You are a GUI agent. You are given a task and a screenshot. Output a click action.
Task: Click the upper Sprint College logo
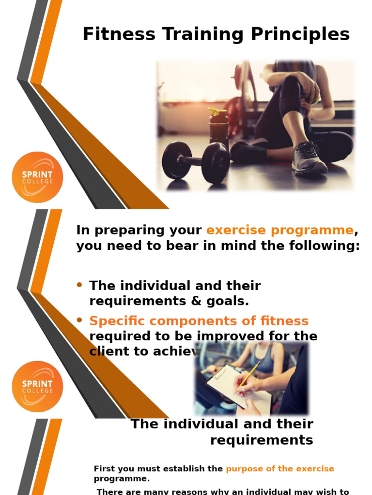37,177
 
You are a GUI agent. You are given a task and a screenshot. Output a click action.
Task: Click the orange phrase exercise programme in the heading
280,230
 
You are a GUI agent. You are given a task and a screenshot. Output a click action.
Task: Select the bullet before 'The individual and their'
80,285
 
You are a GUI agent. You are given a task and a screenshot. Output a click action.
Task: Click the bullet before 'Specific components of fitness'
80,320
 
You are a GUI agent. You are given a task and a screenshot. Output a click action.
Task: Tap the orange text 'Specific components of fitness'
199,321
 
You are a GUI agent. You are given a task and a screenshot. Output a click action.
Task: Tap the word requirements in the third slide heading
262,440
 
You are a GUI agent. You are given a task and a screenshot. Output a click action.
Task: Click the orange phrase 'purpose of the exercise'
280,469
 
